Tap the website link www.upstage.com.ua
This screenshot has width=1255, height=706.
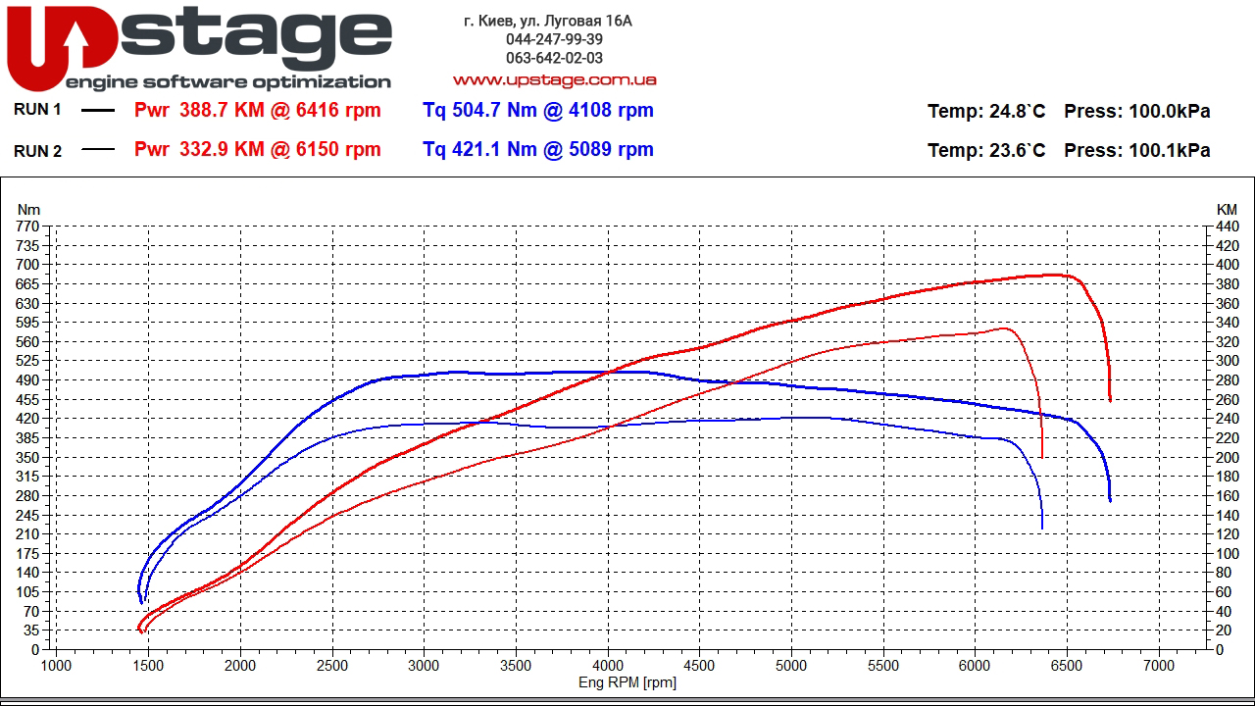pos(554,79)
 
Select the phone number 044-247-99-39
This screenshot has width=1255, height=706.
pos(554,39)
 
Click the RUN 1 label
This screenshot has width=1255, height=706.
pos(37,110)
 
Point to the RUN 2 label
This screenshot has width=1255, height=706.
pos(37,150)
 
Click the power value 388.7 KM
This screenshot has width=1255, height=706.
pos(222,110)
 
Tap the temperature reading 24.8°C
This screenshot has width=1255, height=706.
pos(1017,111)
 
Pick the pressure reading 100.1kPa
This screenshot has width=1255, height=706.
pos(1170,150)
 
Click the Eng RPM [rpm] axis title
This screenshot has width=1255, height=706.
pos(627,682)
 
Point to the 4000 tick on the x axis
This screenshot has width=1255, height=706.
pos(608,665)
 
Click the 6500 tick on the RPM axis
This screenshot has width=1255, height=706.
pos(1067,665)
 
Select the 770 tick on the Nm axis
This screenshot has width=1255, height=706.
pos(27,227)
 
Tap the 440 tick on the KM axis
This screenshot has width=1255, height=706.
pos(1227,227)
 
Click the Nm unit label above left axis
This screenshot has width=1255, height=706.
pos(28,209)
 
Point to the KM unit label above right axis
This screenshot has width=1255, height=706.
pos(1227,209)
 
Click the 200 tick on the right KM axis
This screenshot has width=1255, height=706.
pos(1227,457)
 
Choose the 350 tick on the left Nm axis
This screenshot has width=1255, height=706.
pos(27,457)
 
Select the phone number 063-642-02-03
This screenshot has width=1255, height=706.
pos(554,58)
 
